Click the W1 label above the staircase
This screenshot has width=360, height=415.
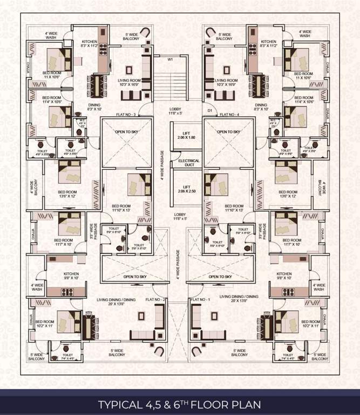pos(169,60)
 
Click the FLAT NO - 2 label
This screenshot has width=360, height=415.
pos(155,299)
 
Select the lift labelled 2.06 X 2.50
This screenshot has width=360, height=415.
pos(185,189)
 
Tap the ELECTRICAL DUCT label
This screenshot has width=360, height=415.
pos(185,163)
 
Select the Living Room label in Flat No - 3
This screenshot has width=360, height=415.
pos(129,83)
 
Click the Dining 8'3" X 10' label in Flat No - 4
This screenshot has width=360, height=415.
pos(261,108)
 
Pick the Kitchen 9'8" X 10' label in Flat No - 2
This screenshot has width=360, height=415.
pos(71,276)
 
